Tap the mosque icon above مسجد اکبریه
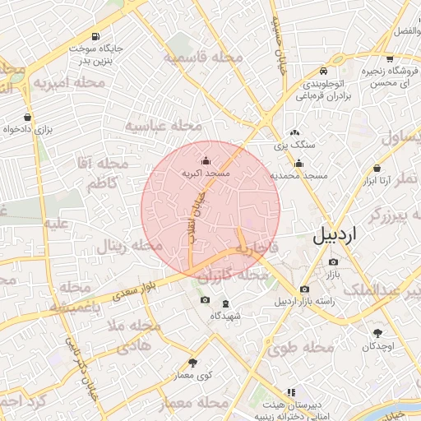pos(206,161)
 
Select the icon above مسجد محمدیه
pos(299,163)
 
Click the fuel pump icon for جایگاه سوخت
pos(97,36)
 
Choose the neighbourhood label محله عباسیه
pos(163,125)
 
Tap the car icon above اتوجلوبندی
pos(324,71)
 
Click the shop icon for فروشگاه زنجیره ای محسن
pos(390,59)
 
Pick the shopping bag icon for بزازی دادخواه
pos(29,117)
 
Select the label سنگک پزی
pos(295,146)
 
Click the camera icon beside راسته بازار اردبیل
pos(305,289)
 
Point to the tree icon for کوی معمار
pos(193,362)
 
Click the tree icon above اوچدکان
pos(377,333)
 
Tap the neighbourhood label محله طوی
pos(300,348)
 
